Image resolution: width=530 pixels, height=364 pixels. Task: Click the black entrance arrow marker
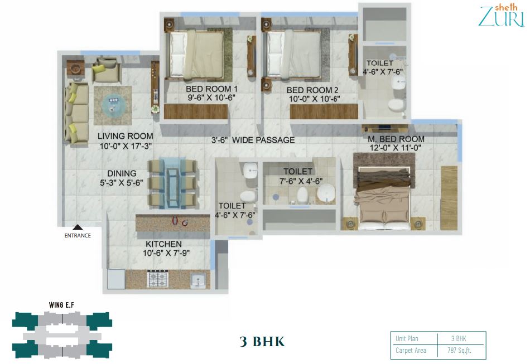point(78,227)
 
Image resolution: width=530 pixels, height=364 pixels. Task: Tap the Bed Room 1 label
point(211,89)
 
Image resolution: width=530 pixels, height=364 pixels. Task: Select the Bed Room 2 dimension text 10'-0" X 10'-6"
point(314,99)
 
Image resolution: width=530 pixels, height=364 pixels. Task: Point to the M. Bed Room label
point(396,139)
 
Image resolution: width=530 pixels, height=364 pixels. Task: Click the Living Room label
point(126,136)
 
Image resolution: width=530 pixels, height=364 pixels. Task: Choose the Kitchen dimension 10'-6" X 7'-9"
point(166,253)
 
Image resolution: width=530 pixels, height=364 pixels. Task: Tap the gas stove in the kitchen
point(158,279)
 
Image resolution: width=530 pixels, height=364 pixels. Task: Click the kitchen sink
point(197,280)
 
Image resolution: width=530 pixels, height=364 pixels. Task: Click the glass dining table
point(173,183)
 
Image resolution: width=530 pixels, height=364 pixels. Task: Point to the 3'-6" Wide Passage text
point(253,140)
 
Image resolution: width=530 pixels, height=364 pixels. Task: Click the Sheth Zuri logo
point(502,15)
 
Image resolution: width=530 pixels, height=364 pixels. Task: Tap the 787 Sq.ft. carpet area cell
point(459,351)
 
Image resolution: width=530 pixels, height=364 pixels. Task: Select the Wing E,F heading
point(61,305)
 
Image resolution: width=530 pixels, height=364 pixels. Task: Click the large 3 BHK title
point(262,341)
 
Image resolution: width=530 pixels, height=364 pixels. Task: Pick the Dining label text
point(122,173)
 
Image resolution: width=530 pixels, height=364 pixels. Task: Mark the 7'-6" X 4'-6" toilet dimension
point(301,181)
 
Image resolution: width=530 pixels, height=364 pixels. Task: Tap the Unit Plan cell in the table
point(407,339)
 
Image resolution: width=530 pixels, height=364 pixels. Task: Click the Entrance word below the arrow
point(78,235)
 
